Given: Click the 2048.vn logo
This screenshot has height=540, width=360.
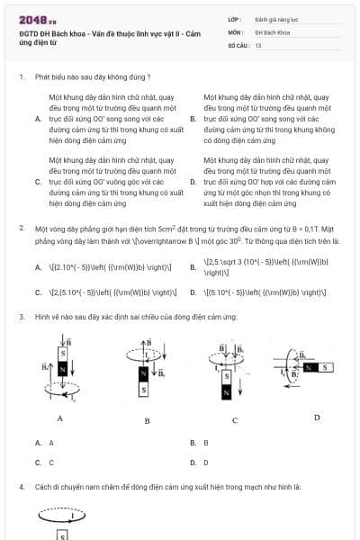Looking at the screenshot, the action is click(37, 19).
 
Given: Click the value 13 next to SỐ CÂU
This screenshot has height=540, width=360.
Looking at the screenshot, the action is click(258, 44).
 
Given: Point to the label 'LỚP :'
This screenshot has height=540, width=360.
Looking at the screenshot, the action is click(236, 19).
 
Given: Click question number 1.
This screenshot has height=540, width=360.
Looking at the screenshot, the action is click(21, 78).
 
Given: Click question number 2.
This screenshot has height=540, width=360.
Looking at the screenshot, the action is click(21, 229).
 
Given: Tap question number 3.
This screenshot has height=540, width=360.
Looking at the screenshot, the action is click(21, 317).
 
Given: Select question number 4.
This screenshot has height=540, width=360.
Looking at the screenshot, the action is click(21, 487).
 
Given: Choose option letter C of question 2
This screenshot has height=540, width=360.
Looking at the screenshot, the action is click(38, 292).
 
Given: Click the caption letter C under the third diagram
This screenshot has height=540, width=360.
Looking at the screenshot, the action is click(235, 420).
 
